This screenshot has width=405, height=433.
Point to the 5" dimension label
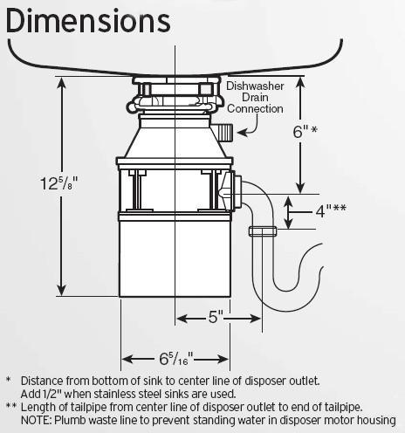point(216,317)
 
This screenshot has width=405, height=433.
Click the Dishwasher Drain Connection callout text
point(255,98)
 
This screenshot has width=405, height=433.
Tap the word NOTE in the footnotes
point(34,420)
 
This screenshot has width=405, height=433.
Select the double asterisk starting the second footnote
point(10,407)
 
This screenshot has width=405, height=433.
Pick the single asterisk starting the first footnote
point(8,381)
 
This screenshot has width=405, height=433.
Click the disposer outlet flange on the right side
point(229,190)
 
